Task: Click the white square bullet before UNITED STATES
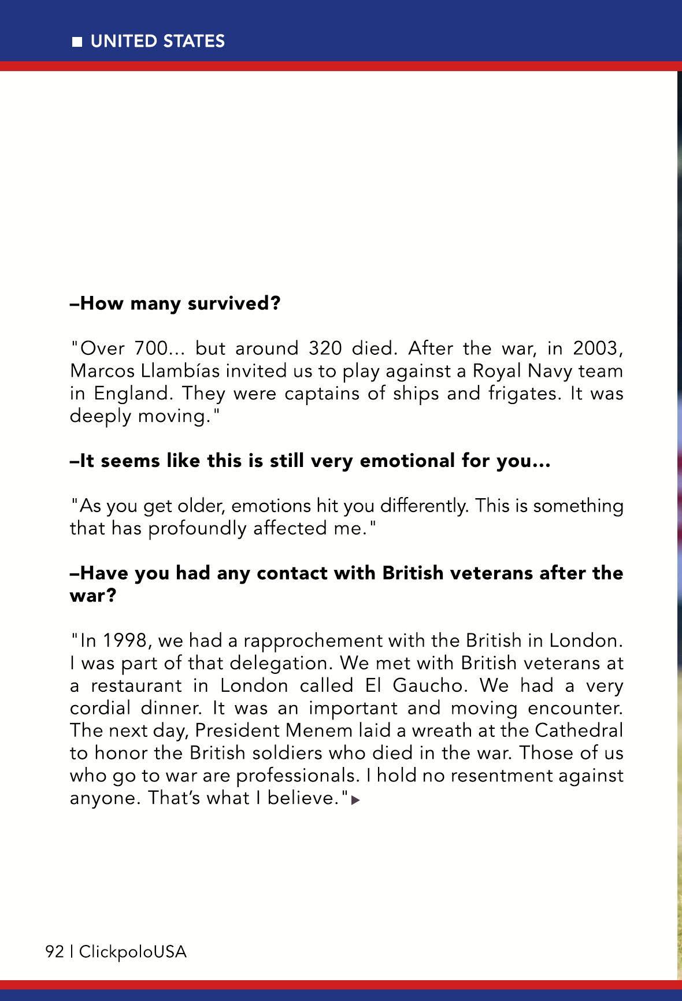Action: [x=77, y=42]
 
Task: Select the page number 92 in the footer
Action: [x=54, y=951]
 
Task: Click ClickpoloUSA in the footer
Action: [x=133, y=951]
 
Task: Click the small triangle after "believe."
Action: [x=355, y=800]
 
